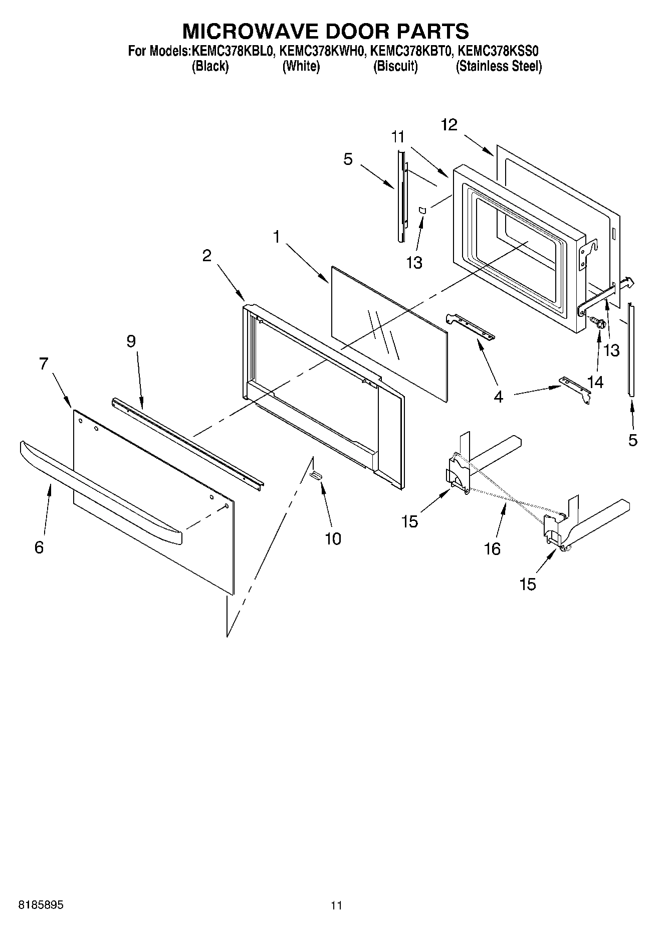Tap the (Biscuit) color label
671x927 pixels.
coord(395,67)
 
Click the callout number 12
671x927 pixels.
coord(449,125)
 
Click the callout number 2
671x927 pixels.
coord(207,256)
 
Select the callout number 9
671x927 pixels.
coord(131,341)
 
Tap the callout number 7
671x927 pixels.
coord(44,363)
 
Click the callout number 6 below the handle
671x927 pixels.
coord(39,547)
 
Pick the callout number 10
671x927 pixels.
coord(333,539)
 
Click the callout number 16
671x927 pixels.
coord(492,549)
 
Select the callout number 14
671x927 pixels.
coord(595,382)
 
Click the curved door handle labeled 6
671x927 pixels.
coord(100,491)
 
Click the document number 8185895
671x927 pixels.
coord(41,905)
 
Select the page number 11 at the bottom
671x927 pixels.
coord(336,905)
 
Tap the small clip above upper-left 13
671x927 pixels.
coord(422,211)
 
